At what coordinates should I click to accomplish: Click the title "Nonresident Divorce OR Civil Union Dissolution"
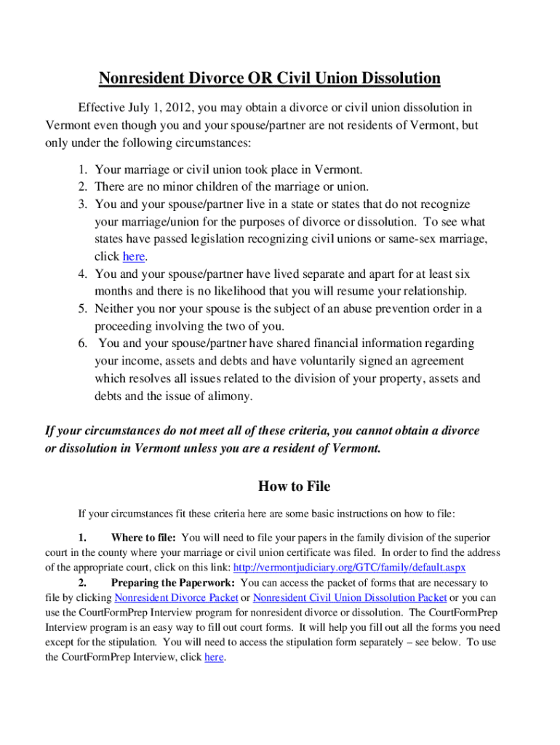pos(270,78)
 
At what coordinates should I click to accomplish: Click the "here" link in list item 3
pos(133,256)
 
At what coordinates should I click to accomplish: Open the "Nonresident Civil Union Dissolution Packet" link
pos(349,597)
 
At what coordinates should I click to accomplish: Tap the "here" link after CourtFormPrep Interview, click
pos(214,657)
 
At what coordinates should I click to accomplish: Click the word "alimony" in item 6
pos(231,396)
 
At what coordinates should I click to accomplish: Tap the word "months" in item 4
pos(114,291)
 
